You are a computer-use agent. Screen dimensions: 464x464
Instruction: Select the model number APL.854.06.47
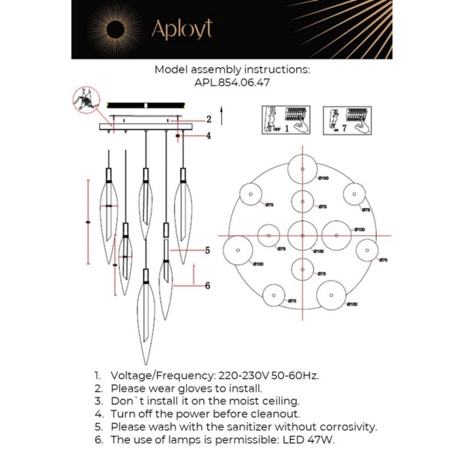click(x=232, y=80)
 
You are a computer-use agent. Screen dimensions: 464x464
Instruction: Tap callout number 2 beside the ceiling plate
click(x=207, y=119)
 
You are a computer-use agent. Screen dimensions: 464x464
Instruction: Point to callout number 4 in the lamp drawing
click(x=207, y=136)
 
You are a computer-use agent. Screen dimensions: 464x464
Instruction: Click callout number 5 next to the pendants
click(x=207, y=251)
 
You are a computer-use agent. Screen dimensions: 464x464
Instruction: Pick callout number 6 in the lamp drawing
click(x=207, y=285)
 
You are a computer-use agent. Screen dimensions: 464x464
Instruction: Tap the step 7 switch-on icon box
click(x=343, y=120)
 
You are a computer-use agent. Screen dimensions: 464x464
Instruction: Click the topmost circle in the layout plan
click(x=300, y=169)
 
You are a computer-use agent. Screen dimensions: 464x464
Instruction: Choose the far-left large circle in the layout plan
click(x=237, y=250)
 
